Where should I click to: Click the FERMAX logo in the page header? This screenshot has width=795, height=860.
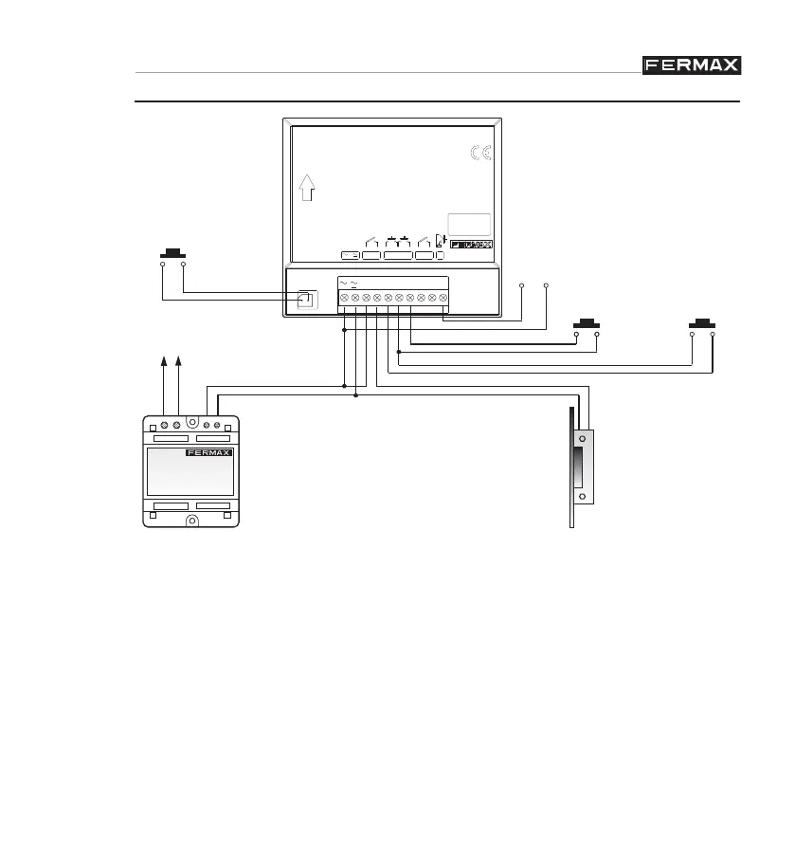[x=692, y=64]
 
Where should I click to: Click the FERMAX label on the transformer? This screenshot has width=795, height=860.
[x=208, y=452]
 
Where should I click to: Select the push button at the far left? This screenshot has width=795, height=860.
[x=172, y=253]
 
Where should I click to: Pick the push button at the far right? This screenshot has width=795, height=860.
[x=702, y=323]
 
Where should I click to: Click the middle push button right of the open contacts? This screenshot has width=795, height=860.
[x=587, y=323]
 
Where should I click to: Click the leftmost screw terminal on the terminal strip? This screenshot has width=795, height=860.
[x=344, y=298]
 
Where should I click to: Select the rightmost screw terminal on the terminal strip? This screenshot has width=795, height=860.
[x=443, y=298]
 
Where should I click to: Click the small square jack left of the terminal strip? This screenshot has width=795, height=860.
[x=305, y=300]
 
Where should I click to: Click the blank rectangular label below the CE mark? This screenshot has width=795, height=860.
[x=470, y=225]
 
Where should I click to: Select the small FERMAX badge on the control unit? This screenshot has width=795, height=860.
[x=471, y=245]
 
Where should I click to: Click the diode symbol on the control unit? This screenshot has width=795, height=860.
[x=440, y=240]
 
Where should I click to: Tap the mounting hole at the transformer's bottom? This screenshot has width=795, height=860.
[x=191, y=521]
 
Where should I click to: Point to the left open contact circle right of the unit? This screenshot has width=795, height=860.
[x=522, y=284]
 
